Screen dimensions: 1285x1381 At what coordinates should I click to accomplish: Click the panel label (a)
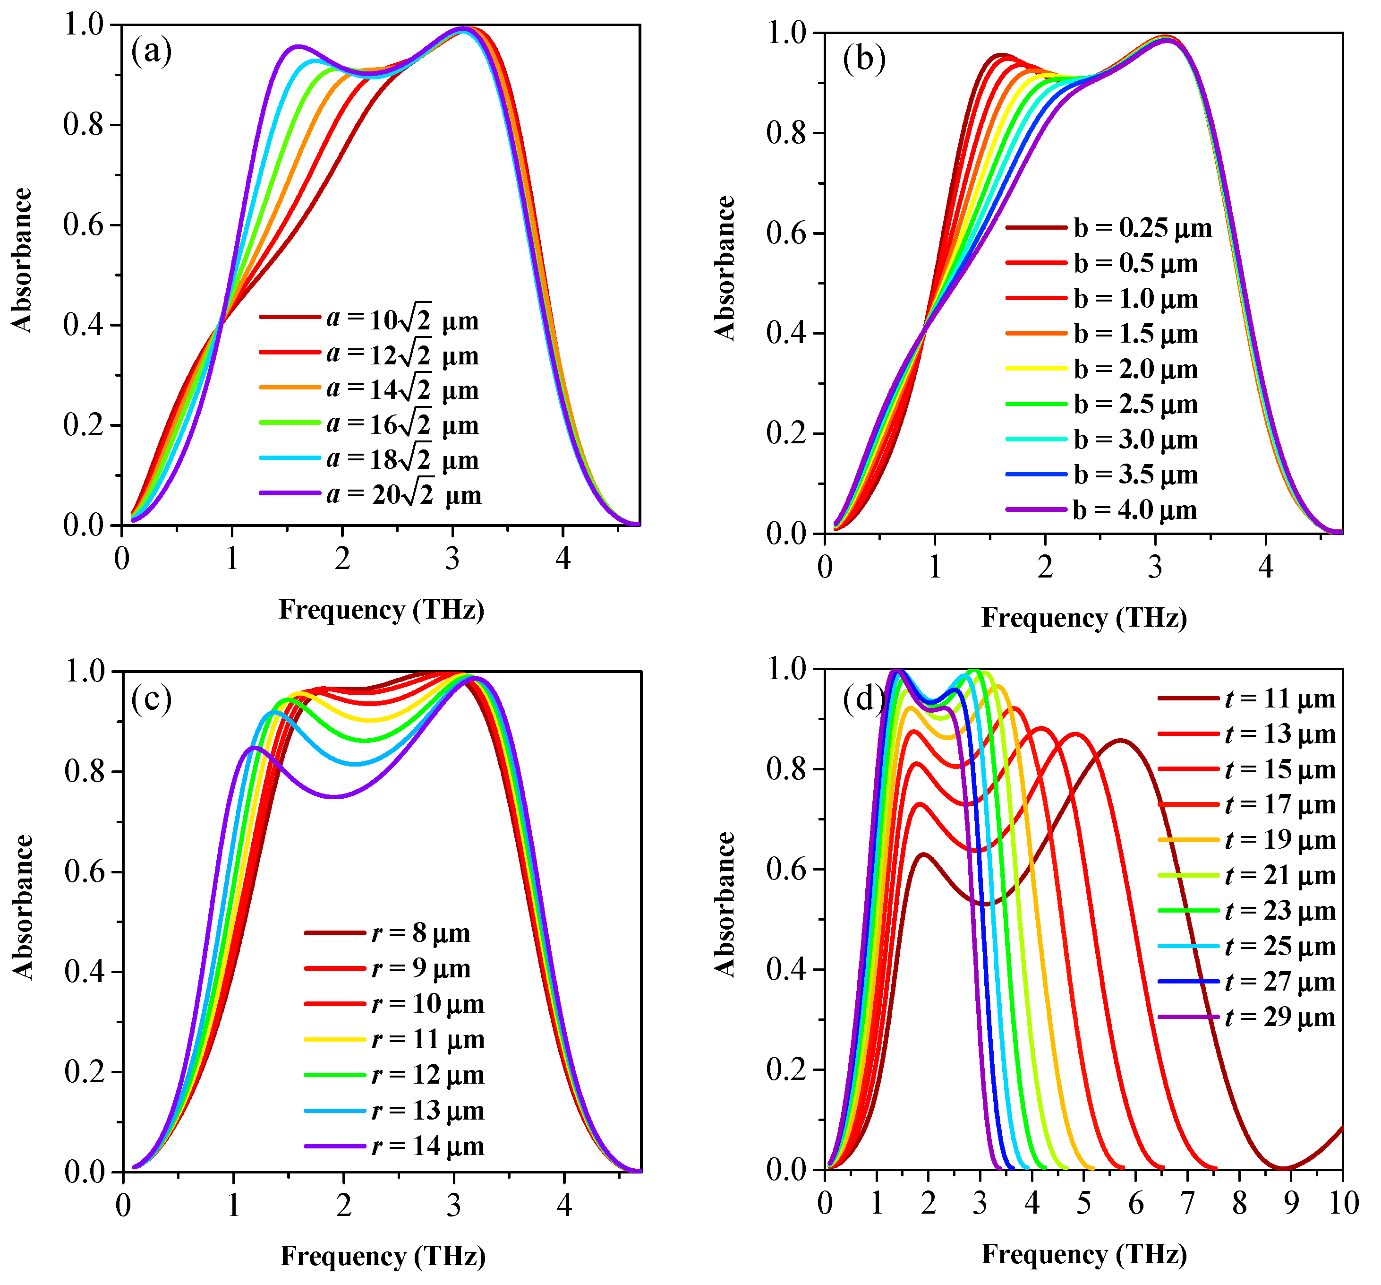152,52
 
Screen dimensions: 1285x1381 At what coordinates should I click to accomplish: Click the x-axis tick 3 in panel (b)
1155,568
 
